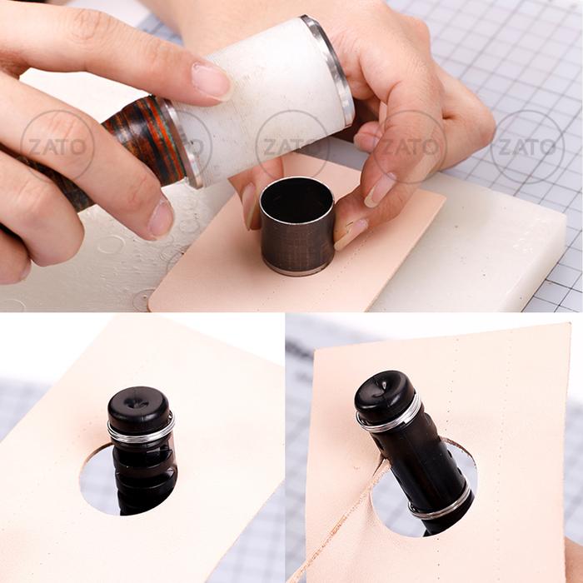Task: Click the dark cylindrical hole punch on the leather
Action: (297, 227)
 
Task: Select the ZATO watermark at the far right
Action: (527, 147)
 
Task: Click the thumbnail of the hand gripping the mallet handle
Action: (161, 219)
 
